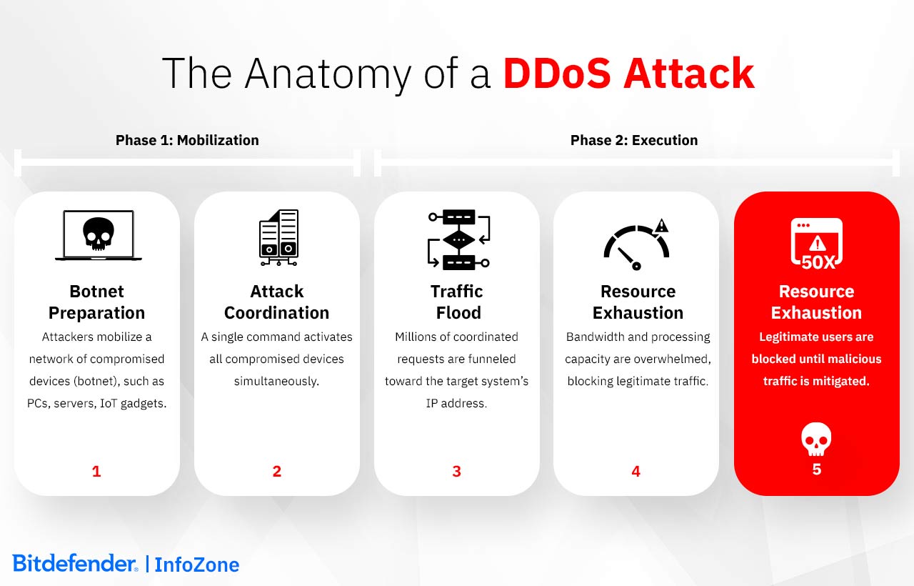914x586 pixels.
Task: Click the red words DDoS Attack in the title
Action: [x=628, y=73]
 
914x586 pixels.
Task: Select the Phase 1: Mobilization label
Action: [x=187, y=140]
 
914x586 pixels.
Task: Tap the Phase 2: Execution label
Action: [x=634, y=140]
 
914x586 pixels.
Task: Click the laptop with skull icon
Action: [x=98, y=235]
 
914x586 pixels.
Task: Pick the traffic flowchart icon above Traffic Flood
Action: [x=458, y=239]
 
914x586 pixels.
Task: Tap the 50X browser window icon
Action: [x=817, y=244]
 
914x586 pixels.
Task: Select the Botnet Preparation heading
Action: [x=96, y=302]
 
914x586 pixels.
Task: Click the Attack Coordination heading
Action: [x=276, y=302]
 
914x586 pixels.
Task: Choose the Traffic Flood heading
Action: [x=457, y=302]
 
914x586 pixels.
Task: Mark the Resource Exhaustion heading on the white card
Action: [x=638, y=302]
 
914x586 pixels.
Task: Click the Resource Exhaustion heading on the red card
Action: [x=816, y=302]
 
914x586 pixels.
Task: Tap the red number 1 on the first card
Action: [x=96, y=471]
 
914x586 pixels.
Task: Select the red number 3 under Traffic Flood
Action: [x=457, y=471]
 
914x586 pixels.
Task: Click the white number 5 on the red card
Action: [x=817, y=470]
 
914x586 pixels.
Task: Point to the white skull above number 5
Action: [x=816, y=438]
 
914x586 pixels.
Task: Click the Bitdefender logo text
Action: [x=74, y=563]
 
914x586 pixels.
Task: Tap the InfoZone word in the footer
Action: [x=197, y=565]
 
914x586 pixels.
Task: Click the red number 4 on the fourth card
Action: [x=636, y=471]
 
